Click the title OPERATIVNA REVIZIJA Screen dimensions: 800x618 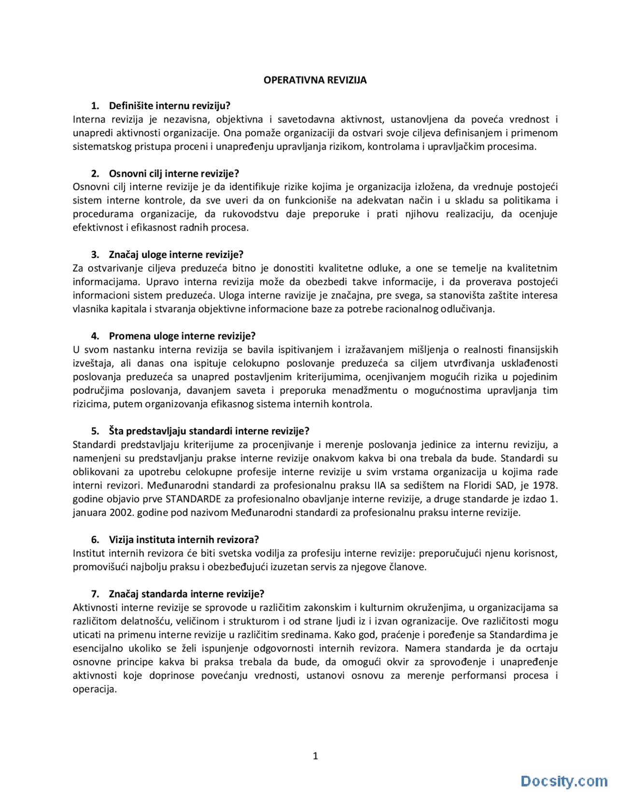coord(315,80)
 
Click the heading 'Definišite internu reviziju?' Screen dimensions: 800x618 coord(169,106)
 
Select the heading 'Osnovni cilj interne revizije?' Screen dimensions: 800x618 coord(174,173)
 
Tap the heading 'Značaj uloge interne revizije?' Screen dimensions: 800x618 coord(176,255)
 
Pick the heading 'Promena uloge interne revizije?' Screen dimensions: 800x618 coord(182,336)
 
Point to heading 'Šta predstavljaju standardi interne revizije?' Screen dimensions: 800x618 coord(209,431)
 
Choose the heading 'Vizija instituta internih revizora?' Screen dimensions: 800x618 coord(183,540)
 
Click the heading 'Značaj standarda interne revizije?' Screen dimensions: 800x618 coord(186,594)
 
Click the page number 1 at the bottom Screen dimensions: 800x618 coord(315,756)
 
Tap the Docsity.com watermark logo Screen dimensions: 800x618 coord(564,781)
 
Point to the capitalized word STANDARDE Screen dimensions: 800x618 coord(193,499)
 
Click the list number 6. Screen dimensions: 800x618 coord(95,540)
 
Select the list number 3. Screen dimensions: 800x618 coord(95,255)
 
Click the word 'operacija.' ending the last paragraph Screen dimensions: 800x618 coord(95,689)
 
